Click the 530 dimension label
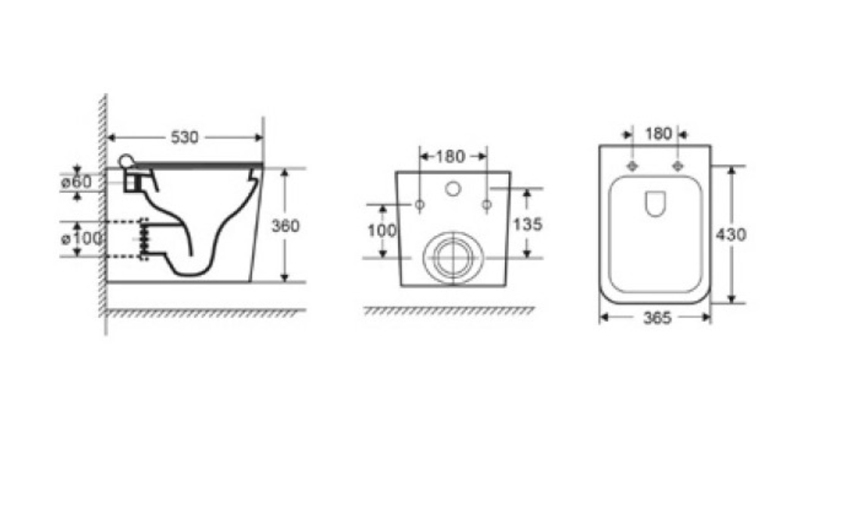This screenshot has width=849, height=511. pyautogui.click(x=185, y=137)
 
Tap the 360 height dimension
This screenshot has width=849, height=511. pyautogui.click(x=285, y=225)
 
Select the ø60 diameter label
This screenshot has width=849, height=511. pyautogui.click(x=76, y=182)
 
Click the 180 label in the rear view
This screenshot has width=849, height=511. pyautogui.click(x=450, y=157)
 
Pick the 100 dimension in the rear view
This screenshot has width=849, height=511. pyautogui.click(x=382, y=231)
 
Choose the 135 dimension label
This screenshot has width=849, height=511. pyautogui.click(x=527, y=224)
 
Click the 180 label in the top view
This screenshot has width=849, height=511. pyautogui.click(x=658, y=133)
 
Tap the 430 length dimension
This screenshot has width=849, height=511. pyautogui.click(x=731, y=234)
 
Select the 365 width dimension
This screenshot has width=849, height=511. pyautogui.click(x=657, y=318)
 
